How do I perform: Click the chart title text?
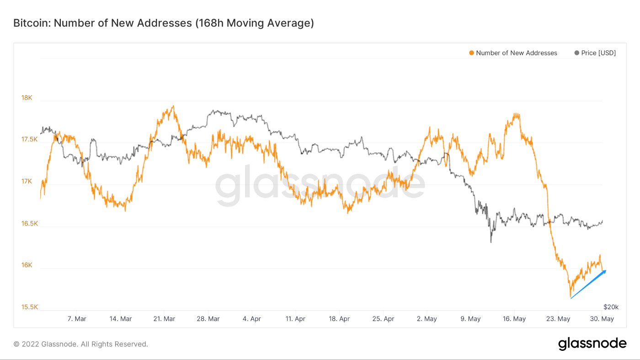pos(163,23)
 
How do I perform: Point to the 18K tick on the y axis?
pos(27,97)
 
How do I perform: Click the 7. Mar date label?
pos(77,319)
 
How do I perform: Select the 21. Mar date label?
pos(164,319)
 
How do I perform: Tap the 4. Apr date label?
pos(251,319)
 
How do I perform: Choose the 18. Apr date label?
pos(339,319)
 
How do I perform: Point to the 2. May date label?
pos(427,319)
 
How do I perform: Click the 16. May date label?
pos(514,319)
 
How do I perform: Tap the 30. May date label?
pos(603,319)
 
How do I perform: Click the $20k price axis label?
pos(611,307)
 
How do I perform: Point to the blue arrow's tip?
pos(606,271)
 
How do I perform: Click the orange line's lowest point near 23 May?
pos(571,298)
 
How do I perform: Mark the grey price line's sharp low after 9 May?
pos(491,242)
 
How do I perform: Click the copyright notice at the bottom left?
pos(80,344)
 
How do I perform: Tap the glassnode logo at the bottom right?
pos(592,344)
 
